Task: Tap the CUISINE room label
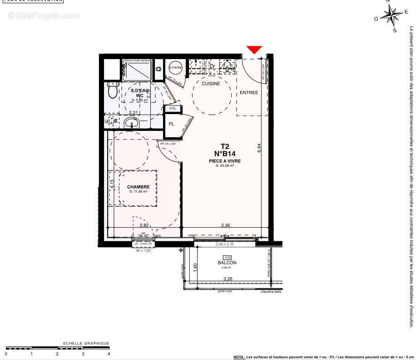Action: pyautogui.click(x=211, y=84)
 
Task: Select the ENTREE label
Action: pyautogui.click(x=249, y=93)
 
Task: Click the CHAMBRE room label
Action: pyautogui.click(x=139, y=187)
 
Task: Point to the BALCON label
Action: pyautogui.click(x=227, y=263)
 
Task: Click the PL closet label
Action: pyautogui.click(x=172, y=124)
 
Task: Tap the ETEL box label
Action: pyautogui.click(x=173, y=109)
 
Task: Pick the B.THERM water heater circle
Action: pyautogui.click(x=175, y=68)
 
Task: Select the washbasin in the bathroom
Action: pyautogui.click(x=132, y=122)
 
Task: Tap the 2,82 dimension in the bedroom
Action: pyautogui.click(x=144, y=225)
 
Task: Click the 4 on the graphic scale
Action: pyautogui.click(x=109, y=353)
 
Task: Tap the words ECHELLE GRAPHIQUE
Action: pyautogui.click(x=86, y=343)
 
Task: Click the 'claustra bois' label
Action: pyautogui.click(x=271, y=292)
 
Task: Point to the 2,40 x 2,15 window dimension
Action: pyautogui.click(x=224, y=245)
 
